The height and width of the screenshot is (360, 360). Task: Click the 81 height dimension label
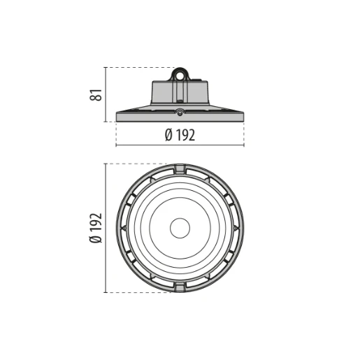point(99,94)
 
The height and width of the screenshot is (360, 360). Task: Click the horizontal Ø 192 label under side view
point(180,136)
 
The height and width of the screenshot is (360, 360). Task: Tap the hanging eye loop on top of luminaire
point(180,72)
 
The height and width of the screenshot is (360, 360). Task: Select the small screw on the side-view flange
point(180,112)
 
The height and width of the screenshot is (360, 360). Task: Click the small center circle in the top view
point(180,228)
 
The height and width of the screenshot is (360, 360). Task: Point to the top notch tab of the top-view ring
point(180,168)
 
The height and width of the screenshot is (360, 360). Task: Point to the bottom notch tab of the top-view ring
point(180,287)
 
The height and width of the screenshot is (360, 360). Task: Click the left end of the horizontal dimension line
point(116,145)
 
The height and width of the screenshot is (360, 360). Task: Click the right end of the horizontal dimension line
point(244,145)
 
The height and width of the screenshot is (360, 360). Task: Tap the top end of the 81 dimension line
point(106,68)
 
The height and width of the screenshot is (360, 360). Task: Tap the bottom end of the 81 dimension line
point(106,121)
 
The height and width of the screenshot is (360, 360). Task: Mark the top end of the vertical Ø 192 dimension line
point(106,164)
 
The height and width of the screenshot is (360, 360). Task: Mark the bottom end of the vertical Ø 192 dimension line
point(106,291)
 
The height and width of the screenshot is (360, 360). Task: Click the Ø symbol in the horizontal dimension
point(168,136)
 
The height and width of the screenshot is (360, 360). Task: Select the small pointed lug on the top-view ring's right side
point(237,228)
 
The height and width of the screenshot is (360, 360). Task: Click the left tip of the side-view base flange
point(117,117)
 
